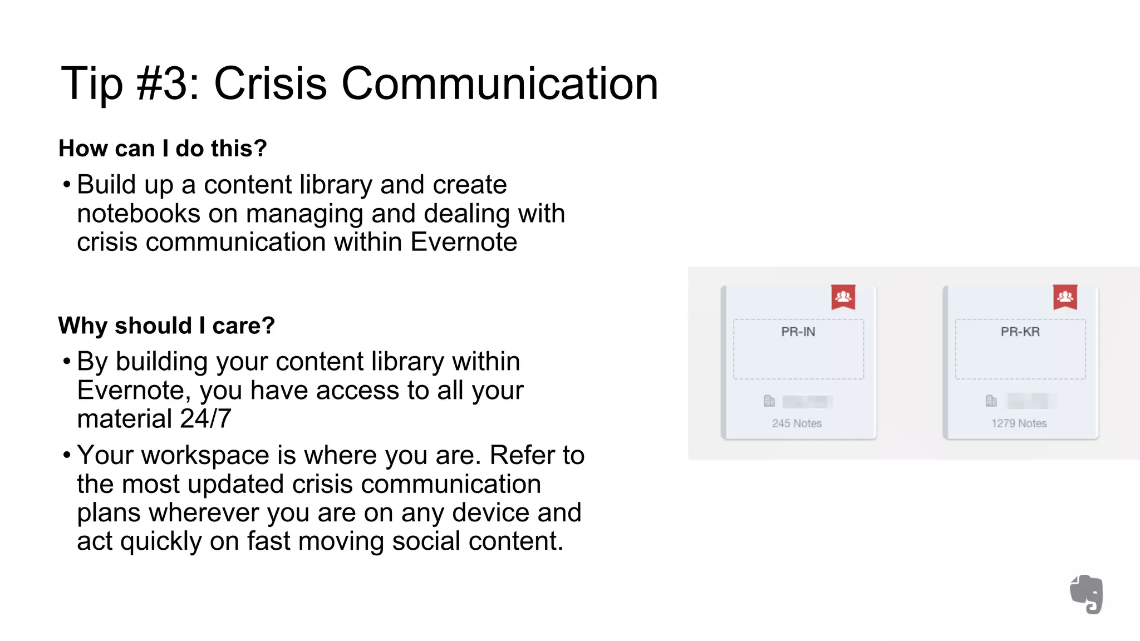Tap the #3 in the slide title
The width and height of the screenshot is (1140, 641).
tap(166, 83)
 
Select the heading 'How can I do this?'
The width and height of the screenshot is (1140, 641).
tap(163, 149)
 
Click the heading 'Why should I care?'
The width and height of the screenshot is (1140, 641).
tap(166, 326)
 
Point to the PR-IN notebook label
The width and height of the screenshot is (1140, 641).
tap(798, 332)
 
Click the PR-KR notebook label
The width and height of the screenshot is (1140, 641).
tap(1020, 332)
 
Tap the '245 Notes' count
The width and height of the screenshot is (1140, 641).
tap(797, 423)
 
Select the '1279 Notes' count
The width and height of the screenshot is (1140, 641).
tap(1019, 423)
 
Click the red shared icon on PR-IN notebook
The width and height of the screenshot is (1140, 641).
tap(843, 297)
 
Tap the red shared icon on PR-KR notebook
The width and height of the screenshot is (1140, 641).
tap(1065, 297)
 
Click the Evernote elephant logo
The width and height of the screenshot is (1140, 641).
tap(1087, 594)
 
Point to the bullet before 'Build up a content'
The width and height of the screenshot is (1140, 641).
tap(67, 184)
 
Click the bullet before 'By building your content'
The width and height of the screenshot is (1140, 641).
tap(67, 362)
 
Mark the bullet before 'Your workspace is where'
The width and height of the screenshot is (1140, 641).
tap(67, 455)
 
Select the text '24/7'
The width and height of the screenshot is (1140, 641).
tap(205, 418)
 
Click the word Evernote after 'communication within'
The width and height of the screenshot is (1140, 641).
tap(464, 242)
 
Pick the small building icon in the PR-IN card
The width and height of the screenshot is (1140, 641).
tap(769, 401)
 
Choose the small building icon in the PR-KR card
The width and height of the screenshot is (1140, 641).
tap(991, 401)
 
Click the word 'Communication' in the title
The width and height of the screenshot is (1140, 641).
tap(499, 83)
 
